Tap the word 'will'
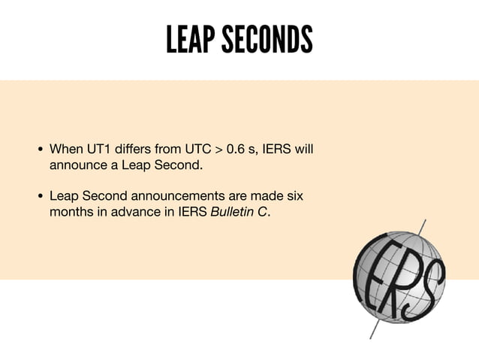tap(303, 148)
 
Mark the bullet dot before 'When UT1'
tap(41, 149)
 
